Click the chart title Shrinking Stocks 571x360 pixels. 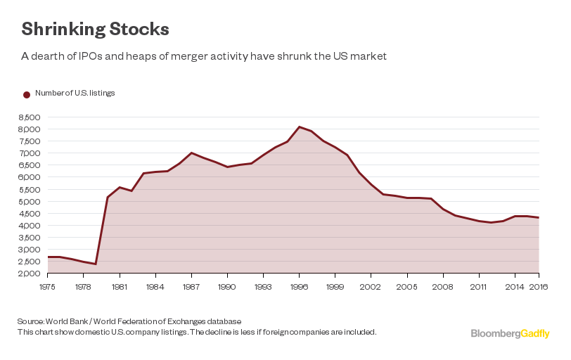click(x=95, y=29)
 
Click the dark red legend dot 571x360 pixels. click(x=27, y=94)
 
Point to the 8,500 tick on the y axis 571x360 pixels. click(x=31, y=117)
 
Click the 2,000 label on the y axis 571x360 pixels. click(x=31, y=274)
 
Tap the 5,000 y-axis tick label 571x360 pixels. click(x=31, y=202)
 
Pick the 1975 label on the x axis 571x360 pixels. click(x=48, y=287)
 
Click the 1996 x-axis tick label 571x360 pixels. click(x=300, y=287)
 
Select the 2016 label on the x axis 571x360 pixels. click(x=538, y=287)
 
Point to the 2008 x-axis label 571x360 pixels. click(x=443, y=287)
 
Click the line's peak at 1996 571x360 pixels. click(x=300, y=127)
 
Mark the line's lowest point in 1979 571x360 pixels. click(x=96, y=264)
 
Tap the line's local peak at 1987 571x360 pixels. click(x=191, y=153)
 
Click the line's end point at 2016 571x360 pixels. click(x=539, y=217)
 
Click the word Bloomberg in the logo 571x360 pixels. click(x=495, y=334)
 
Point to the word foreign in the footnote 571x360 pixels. click(x=286, y=331)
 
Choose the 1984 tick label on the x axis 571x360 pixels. click(x=155, y=287)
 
